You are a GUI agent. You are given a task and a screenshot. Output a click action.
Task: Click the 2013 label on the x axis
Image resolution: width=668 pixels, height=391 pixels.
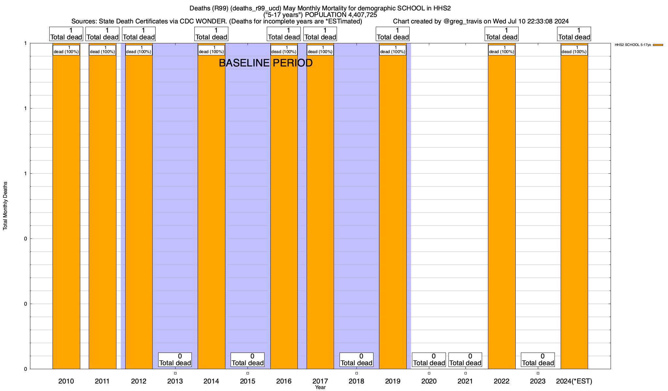coord(175,381)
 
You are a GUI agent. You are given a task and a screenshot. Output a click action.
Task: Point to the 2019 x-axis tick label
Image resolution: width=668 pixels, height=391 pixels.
coord(393,381)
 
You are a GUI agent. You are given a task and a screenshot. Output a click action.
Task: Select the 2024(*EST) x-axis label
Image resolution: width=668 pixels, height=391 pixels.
coord(574,381)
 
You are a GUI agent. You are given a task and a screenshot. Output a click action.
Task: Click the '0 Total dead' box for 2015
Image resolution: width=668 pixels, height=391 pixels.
coord(248,360)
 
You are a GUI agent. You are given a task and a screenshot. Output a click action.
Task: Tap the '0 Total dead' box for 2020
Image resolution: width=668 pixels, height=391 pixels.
coord(429,360)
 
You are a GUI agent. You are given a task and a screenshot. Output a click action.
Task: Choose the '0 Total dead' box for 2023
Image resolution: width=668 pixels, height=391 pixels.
coord(538,360)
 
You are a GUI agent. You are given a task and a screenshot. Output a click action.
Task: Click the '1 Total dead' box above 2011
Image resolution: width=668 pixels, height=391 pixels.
coord(102,34)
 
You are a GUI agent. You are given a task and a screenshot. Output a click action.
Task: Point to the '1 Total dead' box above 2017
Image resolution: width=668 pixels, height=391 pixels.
coord(320,34)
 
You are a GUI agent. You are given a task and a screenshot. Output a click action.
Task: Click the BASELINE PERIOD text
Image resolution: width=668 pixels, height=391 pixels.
coord(266,63)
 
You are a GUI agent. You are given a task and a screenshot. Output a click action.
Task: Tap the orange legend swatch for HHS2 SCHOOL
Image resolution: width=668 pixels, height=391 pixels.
coord(658,45)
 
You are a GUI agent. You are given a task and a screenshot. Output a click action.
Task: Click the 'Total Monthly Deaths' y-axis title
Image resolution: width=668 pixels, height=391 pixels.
coord(5,206)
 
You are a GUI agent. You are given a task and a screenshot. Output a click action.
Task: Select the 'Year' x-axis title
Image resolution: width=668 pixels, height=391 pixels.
coord(320,387)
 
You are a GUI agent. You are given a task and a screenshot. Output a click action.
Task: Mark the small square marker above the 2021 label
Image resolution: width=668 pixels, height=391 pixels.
coord(465,373)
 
